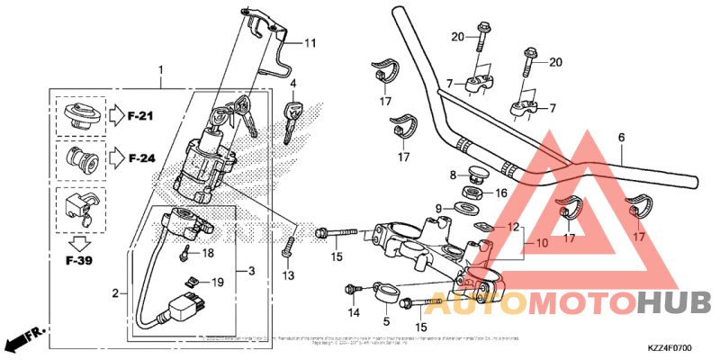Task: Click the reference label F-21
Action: click(x=141, y=115)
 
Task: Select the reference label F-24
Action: click(x=141, y=158)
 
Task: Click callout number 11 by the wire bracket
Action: click(x=310, y=43)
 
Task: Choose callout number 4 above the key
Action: click(x=293, y=84)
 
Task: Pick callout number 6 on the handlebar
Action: click(x=621, y=138)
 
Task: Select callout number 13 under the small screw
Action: click(x=288, y=274)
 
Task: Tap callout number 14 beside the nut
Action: click(x=354, y=312)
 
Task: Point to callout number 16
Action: click(x=501, y=193)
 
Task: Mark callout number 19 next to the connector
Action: click(x=216, y=283)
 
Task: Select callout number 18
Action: click(x=208, y=254)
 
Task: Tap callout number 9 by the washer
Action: click(x=440, y=209)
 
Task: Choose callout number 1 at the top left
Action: click(x=161, y=69)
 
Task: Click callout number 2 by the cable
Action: click(x=114, y=292)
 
